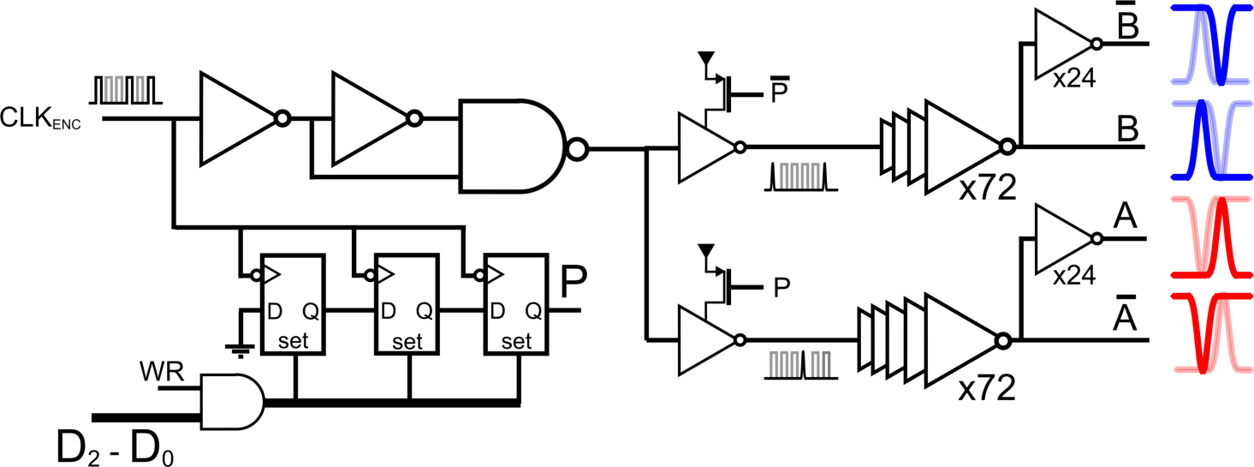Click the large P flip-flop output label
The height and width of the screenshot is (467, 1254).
click(x=573, y=281)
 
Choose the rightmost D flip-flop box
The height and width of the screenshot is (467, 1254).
click(x=515, y=303)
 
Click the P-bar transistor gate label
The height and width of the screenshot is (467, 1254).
click(x=780, y=91)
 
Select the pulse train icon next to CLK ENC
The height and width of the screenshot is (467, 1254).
click(x=125, y=88)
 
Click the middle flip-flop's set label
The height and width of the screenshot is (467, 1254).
click(x=407, y=342)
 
